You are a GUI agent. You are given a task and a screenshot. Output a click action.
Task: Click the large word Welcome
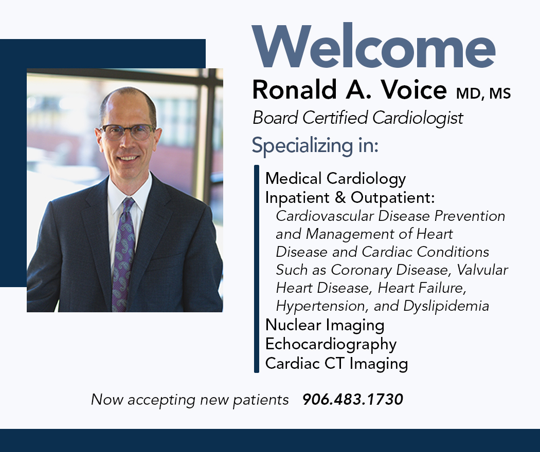pos(374,46)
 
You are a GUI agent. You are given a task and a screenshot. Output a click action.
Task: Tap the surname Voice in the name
pos(414,90)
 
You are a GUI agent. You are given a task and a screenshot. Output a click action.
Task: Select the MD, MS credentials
pos(483,93)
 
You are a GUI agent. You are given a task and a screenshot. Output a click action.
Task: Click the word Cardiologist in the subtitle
pos(418,118)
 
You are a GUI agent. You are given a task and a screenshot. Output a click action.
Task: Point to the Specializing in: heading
pos(315,145)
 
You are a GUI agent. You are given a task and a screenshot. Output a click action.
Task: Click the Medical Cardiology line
pos(335,179)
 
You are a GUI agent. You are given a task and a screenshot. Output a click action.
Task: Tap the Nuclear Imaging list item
pos(325,325)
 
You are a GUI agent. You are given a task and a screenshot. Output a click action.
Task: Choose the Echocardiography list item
pos(331,344)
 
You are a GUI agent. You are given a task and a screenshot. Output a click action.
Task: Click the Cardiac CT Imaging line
pos(336,364)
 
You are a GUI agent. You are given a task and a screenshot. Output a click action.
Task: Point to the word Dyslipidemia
pos(446,306)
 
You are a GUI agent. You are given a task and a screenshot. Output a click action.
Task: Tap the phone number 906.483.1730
pos(353,400)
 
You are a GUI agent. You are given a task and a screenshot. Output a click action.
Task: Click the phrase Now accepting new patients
pos(190,400)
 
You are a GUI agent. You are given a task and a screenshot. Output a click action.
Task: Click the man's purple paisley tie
pos(123,255)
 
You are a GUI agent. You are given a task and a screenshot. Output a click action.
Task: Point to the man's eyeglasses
pos(127,131)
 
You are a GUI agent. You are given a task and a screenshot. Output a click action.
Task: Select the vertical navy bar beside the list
pos(256,269)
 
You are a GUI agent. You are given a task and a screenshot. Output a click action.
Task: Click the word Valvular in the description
pos(482,270)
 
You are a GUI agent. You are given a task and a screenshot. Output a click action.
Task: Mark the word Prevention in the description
pos(470,216)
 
